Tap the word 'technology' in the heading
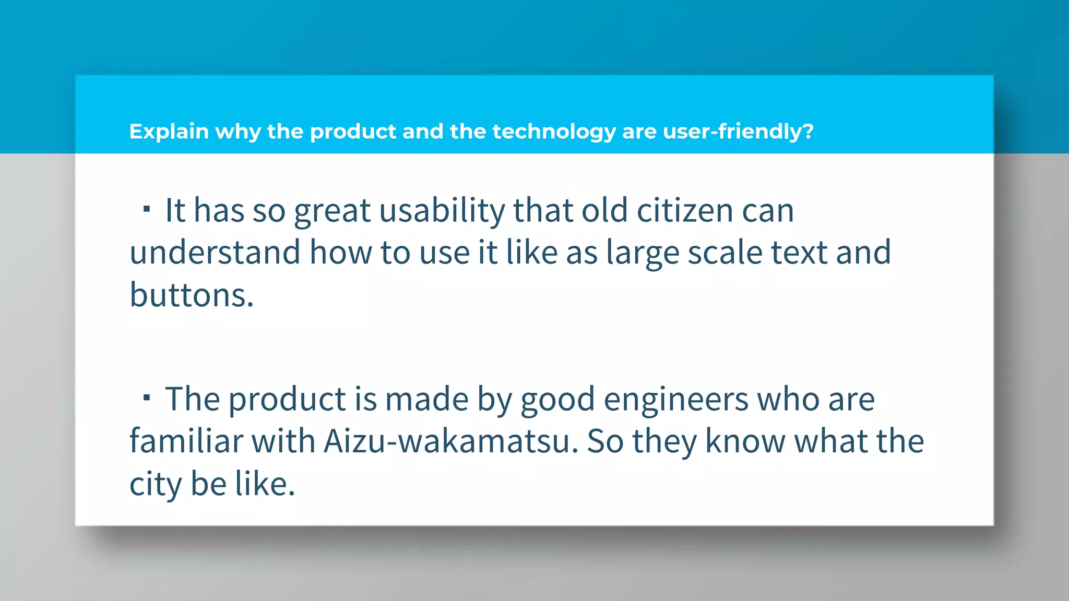[x=554, y=131]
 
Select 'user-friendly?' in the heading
[x=738, y=131]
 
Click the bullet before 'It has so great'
[x=147, y=210]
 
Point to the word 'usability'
[x=442, y=211]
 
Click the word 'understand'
[x=215, y=253]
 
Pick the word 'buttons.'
[x=192, y=295]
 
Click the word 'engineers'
[x=676, y=400]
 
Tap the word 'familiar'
[x=185, y=442]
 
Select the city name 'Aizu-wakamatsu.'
[x=451, y=442]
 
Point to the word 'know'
[x=745, y=442]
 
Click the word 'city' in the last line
[x=155, y=484]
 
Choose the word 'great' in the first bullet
[x=332, y=211]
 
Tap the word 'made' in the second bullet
[x=426, y=400]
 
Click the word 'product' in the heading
[x=353, y=131]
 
